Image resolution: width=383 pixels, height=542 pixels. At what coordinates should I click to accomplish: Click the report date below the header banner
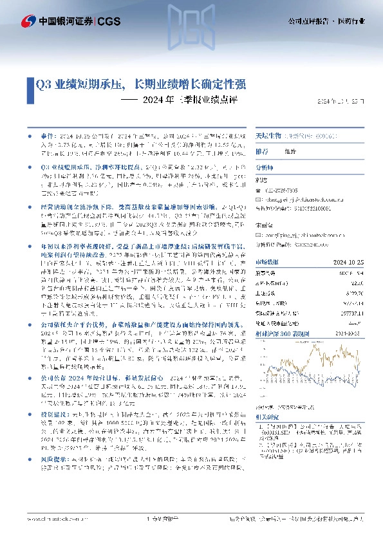point(345,102)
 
